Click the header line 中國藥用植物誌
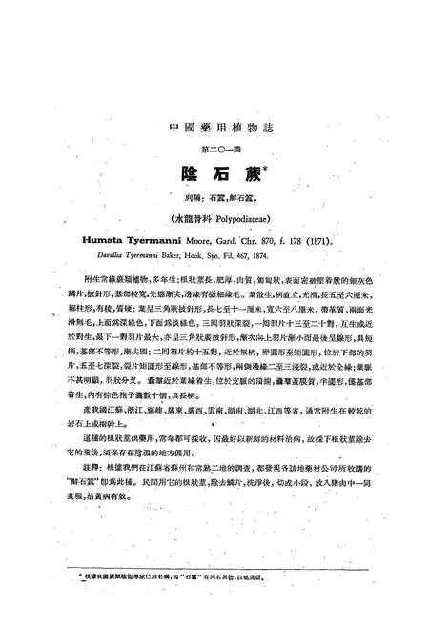pos(214,127)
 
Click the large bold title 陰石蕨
pos(212,173)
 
